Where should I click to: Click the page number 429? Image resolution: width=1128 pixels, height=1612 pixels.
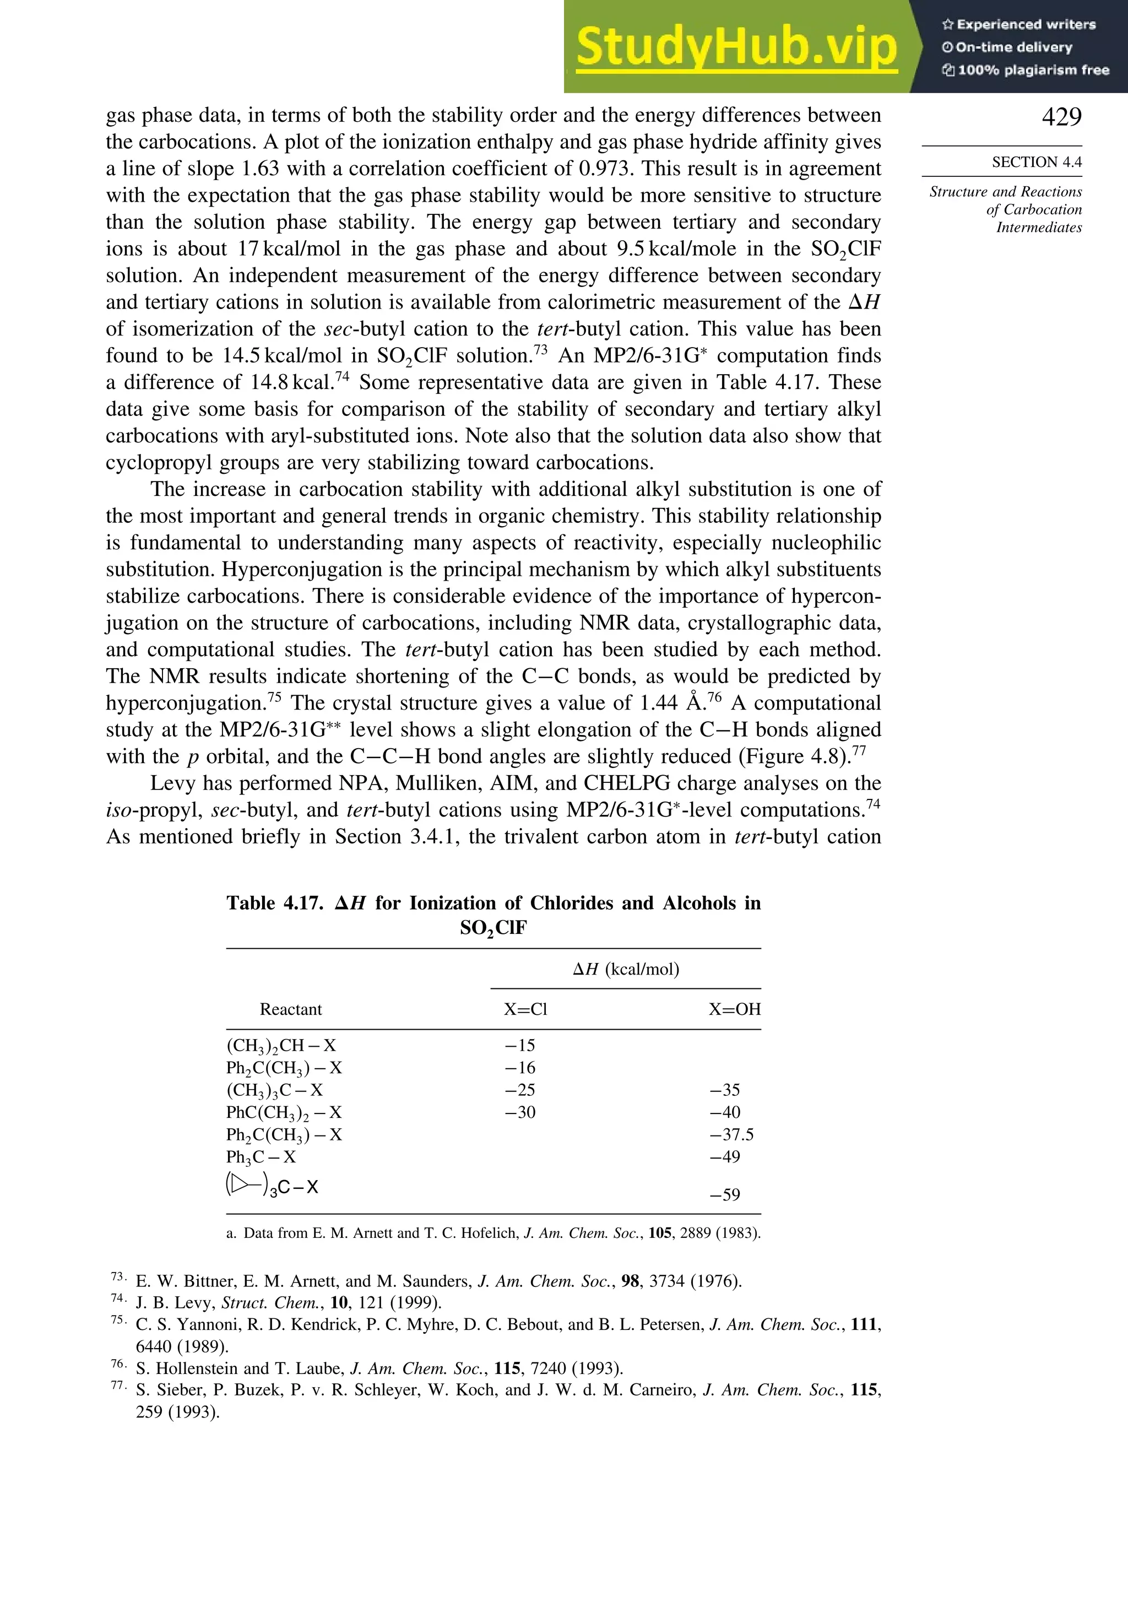coord(1061,117)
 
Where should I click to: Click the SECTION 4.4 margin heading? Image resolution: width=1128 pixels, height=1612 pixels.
coord(1036,162)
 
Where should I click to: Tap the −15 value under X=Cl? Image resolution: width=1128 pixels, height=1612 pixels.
coord(519,1046)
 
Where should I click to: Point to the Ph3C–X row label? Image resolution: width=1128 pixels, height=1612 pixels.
coord(261,1157)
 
